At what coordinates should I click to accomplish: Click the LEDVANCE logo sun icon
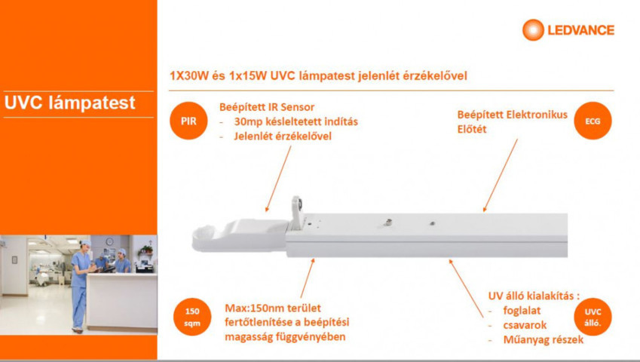[533, 30]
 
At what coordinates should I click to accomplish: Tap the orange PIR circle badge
[188, 121]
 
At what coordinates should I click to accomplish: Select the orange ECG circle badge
[593, 121]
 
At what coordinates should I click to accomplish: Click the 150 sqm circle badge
[192, 317]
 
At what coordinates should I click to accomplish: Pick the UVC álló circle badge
[593, 317]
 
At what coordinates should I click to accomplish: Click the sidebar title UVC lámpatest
[69, 103]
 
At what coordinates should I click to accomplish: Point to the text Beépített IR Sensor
[267, 107]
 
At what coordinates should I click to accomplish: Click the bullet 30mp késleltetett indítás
[296, 121]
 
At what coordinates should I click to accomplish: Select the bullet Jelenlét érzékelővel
[283, 137]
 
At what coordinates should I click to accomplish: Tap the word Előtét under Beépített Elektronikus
[472, 129]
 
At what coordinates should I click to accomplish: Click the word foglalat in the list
[522, 311]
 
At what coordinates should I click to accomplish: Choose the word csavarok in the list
[525, 325]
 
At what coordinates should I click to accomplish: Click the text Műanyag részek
[544, 339]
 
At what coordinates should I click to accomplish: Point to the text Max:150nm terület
[273, 308]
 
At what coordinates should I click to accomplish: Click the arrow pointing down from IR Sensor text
[278, 179]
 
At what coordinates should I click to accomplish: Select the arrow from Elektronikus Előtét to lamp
[501, 175]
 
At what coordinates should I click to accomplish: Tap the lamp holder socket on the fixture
[297, 213]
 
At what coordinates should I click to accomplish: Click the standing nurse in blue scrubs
[81, 287]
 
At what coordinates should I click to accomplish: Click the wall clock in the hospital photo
[109, 241]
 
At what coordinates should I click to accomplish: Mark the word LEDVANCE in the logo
[580, 30]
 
